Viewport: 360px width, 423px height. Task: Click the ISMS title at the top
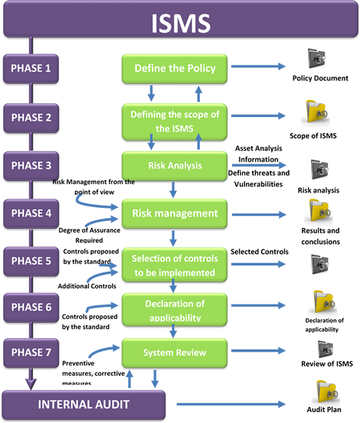(x=181, y=23)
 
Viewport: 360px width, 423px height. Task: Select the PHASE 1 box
(x=31, y=68)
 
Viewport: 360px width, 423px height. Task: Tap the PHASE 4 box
(x=31, y=214)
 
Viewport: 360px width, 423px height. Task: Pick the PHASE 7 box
(x=31, y=352)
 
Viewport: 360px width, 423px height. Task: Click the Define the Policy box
(x=175, y=68)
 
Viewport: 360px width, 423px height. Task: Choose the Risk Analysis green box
(x=175, y=166)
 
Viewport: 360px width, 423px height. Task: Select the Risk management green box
(x=175, y=214)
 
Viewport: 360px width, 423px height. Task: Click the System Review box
(x=175, y=352)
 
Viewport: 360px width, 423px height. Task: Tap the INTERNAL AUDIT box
(x=84, y=405)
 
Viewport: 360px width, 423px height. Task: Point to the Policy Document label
(x=320, y=78)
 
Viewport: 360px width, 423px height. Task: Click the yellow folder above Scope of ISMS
(x=316, y=113)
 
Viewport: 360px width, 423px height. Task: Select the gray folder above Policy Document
(x=316, y=58)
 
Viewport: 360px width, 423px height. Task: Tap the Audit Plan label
(x=324, y=409)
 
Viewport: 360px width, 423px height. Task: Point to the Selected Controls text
(x=260, y=251)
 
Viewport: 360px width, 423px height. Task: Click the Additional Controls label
(x=87, y=286)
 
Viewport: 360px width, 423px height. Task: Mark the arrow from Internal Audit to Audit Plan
(x=231, y=404)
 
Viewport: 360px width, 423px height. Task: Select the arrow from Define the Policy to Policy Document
(x=258, y=66)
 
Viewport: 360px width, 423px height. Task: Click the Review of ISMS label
(x=327, y=363)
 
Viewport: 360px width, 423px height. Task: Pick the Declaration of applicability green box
(x=175, y=310)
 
